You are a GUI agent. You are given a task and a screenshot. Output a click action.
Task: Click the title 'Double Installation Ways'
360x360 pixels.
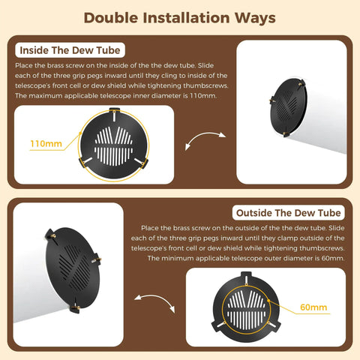pos(179,18)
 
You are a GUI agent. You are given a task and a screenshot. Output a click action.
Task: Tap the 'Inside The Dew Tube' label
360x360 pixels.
pos(70,50)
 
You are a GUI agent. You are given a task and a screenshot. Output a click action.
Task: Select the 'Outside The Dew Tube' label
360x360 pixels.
pos(288,213)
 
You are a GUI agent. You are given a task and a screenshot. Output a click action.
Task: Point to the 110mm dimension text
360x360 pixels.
pos(46,144)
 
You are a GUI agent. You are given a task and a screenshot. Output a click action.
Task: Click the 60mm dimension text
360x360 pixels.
pos(313,307)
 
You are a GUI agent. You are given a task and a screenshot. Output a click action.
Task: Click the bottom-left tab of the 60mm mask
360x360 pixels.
pos(219,325)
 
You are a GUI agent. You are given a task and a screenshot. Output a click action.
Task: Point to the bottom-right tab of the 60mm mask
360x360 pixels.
pos(273,325)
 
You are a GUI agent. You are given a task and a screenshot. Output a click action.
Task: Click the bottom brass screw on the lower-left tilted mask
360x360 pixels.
pos(76,308)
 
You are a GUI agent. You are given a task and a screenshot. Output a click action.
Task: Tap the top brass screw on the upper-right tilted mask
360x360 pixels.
pos(299,84)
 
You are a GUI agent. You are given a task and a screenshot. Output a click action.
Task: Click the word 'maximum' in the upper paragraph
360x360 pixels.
pos(46,96)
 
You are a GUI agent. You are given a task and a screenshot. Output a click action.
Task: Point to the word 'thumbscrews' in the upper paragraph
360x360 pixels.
pos(205,85)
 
